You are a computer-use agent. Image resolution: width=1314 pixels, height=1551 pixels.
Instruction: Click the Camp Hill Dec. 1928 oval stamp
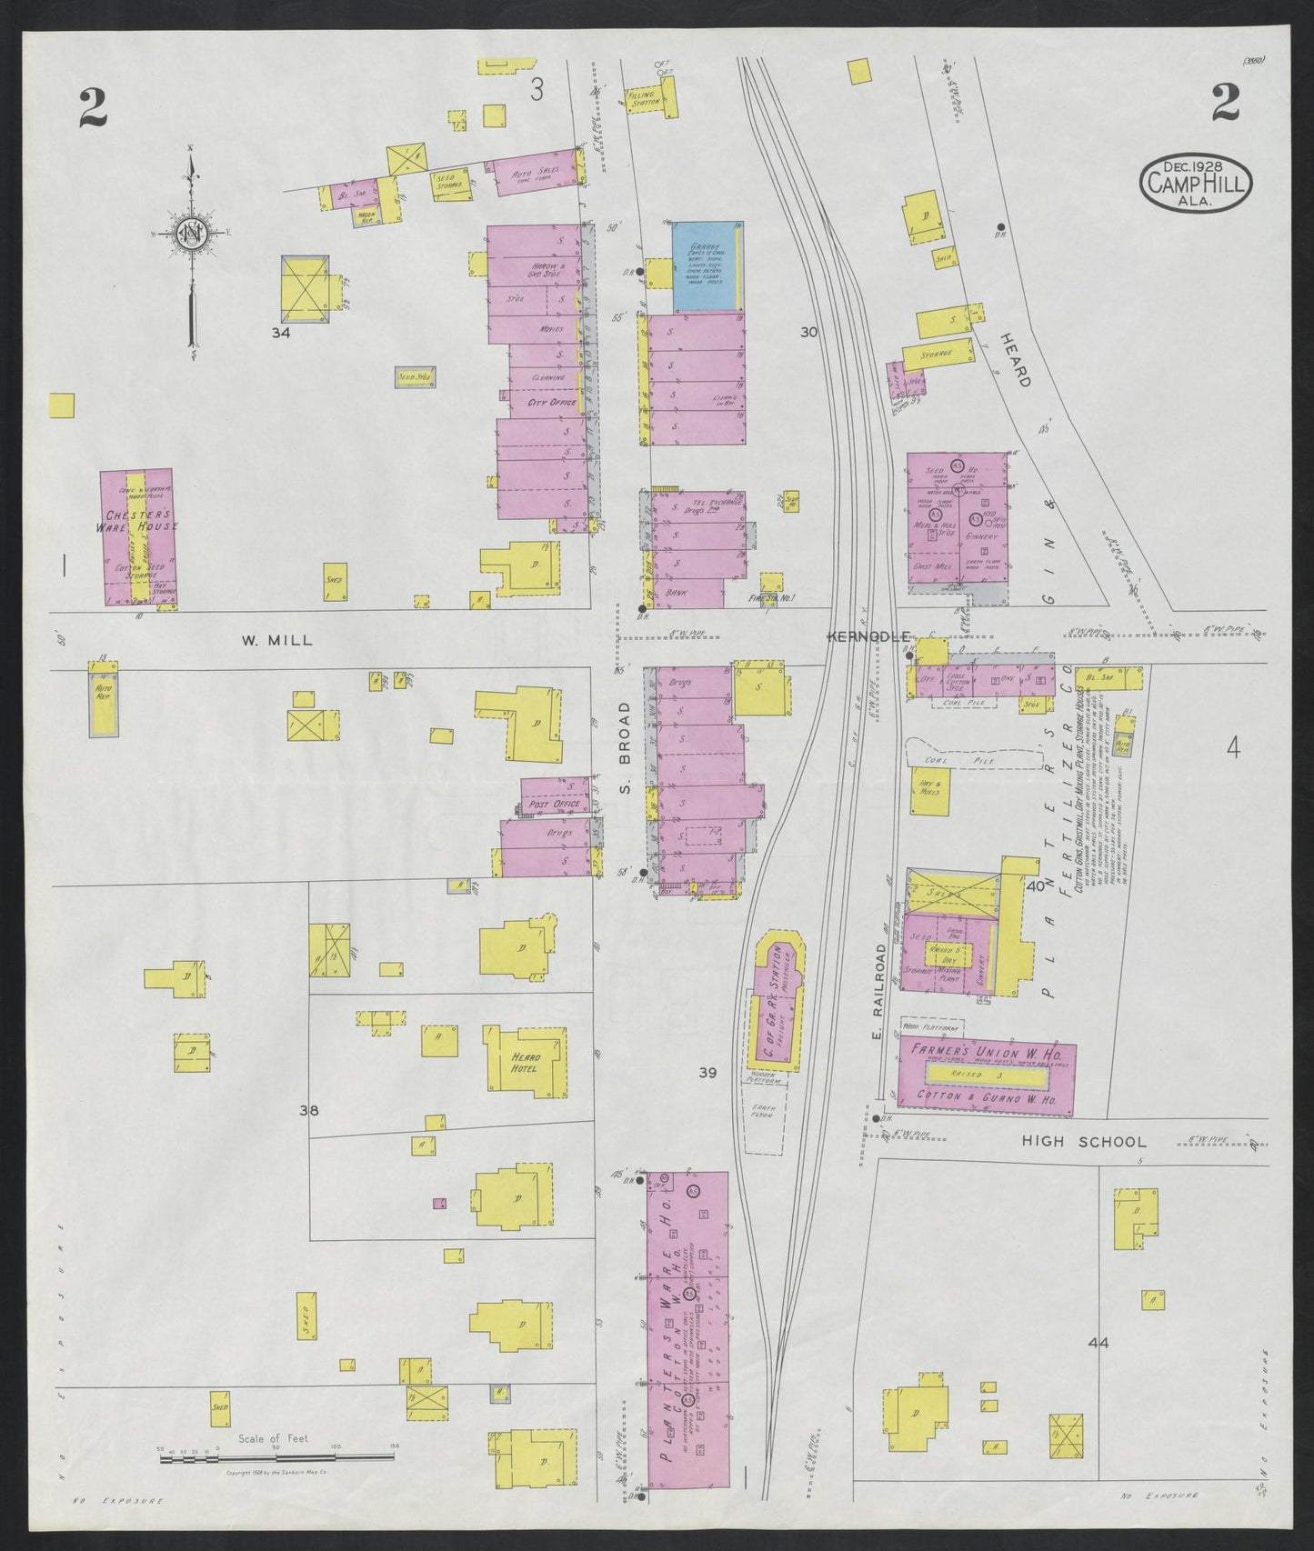[x=1196, y=182]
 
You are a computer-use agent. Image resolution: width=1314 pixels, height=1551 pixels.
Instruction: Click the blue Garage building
[x=705, y=265]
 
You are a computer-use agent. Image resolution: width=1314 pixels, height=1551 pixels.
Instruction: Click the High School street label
[x=1084, y=1142]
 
